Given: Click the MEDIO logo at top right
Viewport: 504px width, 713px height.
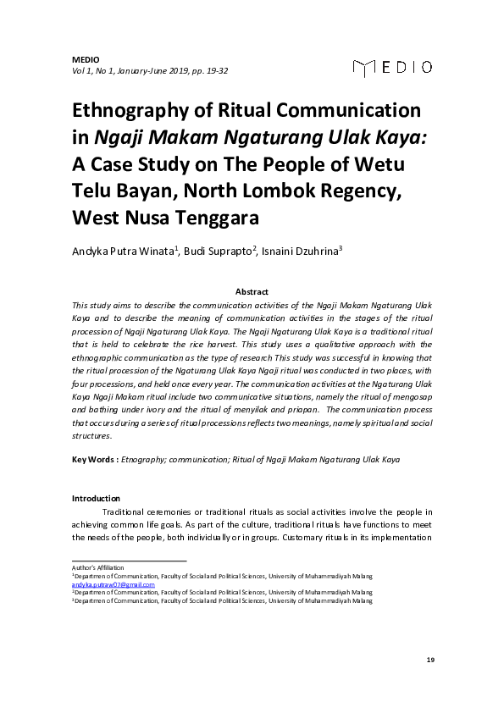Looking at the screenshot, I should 392,66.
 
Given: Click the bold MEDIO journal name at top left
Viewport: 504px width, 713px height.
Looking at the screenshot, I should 86,59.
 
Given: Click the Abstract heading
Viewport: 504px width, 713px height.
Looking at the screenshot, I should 252,291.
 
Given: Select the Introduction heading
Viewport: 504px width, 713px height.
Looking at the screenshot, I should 96,498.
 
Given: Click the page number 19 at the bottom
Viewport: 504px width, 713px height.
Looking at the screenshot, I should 430,659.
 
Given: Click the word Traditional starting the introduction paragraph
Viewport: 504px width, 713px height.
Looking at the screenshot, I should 126,511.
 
